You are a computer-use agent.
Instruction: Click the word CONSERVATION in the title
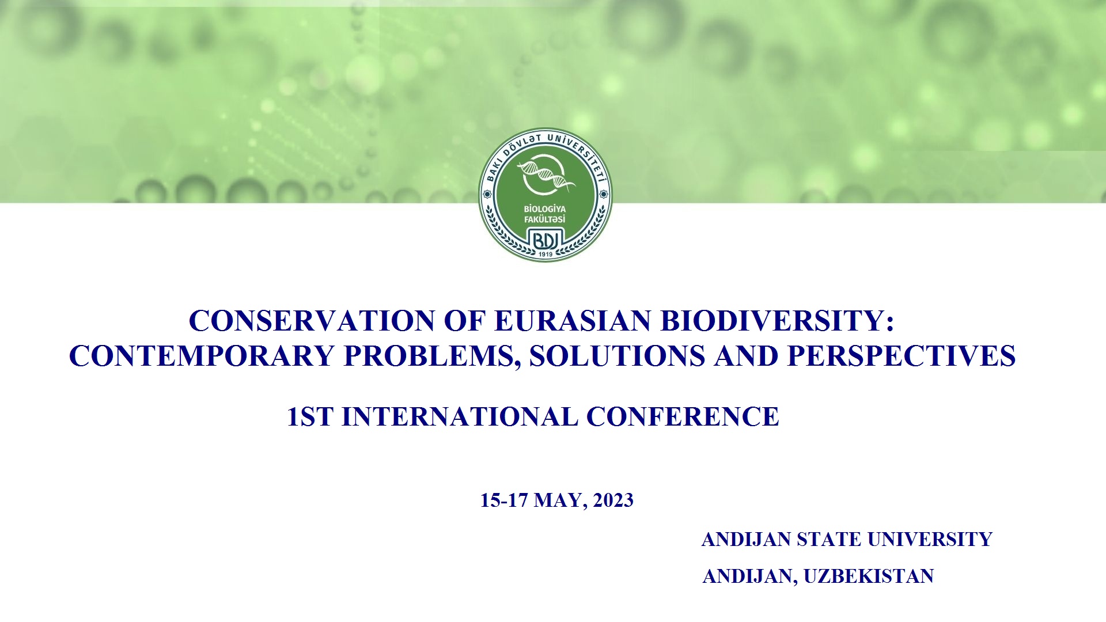pyautogui.click(x=312, y=321)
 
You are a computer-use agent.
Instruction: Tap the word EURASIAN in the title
pyautogui.click(x=572, y=321)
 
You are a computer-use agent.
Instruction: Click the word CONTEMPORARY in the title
pyautogui.click(x=202, y=356)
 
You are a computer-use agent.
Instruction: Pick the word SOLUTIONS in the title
pyautogui.click(x=617, y=356)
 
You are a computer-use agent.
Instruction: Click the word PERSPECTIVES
pyautogui.click(x=902, y=356)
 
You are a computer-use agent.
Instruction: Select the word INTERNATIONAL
pyautogui.click(x=460, y=417)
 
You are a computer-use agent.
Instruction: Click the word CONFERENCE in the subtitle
pyautogui.click(x=683, y=417)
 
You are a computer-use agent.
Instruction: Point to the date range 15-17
pyautogui.click(x=504, y=500)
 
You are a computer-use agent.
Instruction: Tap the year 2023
pyautogui.click(x=613, y=500)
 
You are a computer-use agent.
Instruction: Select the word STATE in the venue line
pyautogui.click(x=829, y=540)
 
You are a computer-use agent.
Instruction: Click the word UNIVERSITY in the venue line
pyautogui.click(x=930, y=540)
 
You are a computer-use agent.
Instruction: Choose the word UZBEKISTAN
pyautogui.click(x=869, y=577)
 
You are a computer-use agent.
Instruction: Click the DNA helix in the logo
pyautogui.click(x=546, y=175)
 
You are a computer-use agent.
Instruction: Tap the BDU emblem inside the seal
pyautogui.click(x=545, y=240)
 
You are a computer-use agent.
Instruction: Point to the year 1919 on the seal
pyautogui.click(x=546, y=254)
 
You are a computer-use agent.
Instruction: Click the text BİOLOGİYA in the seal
pyautogui.click(x=545, y=209)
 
